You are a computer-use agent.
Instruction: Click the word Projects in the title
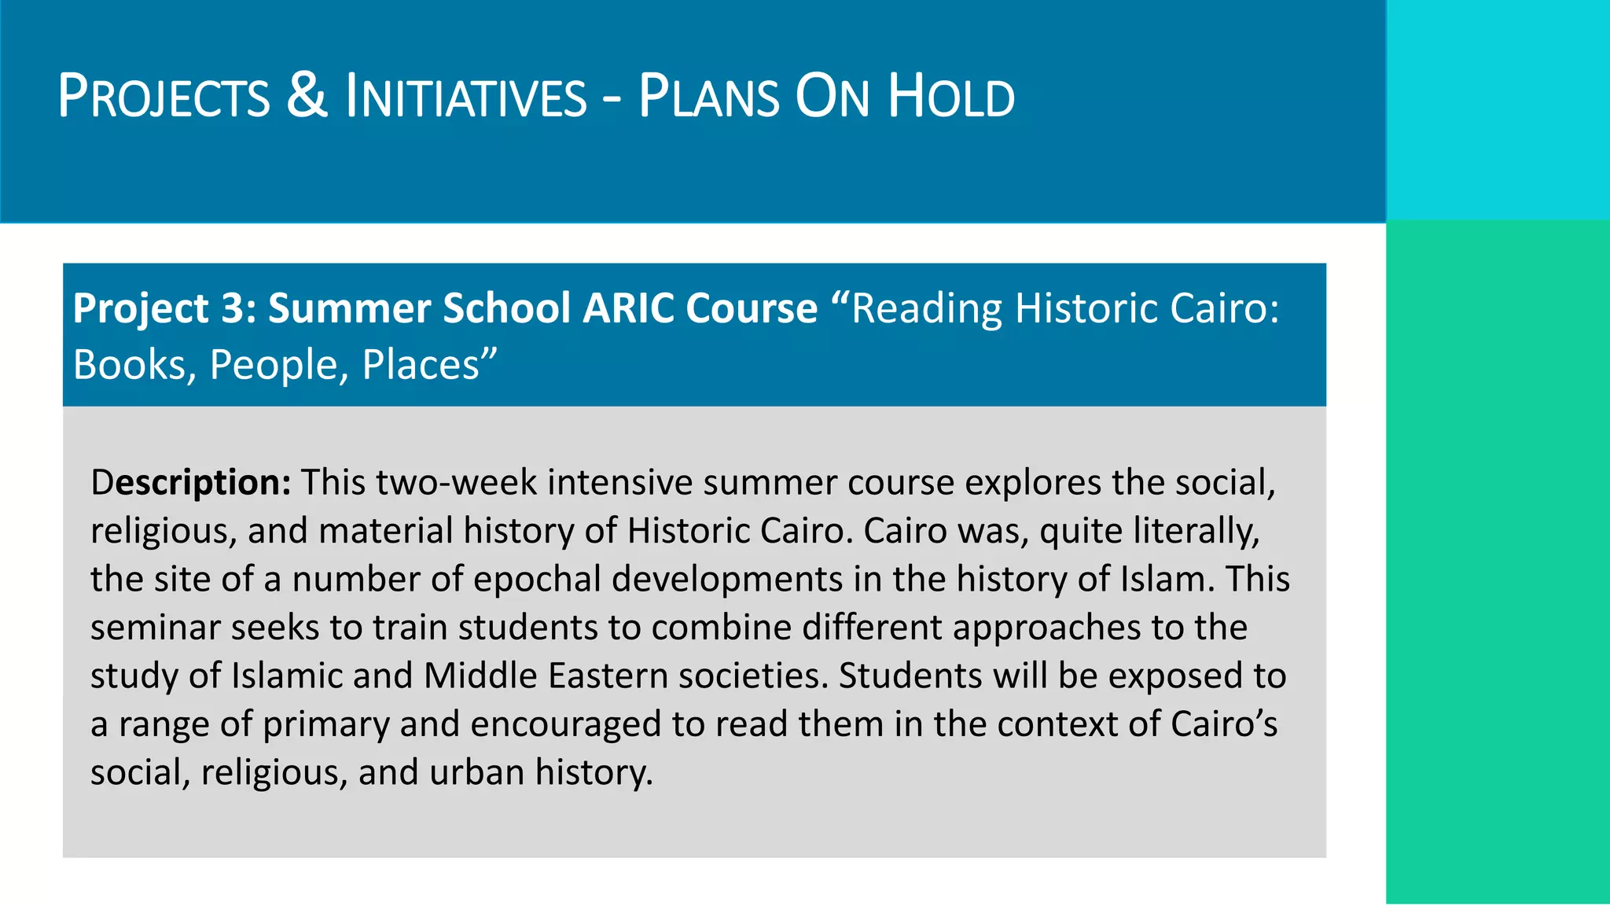164,97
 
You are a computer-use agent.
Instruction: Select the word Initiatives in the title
466,97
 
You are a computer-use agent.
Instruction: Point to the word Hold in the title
951,97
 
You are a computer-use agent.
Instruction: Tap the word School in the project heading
506,308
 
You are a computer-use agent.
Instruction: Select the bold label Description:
191,482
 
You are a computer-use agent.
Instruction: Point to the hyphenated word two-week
457,482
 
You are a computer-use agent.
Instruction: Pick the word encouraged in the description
565,724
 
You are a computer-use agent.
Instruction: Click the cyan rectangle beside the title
1498,110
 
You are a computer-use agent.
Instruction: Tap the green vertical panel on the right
1498,562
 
